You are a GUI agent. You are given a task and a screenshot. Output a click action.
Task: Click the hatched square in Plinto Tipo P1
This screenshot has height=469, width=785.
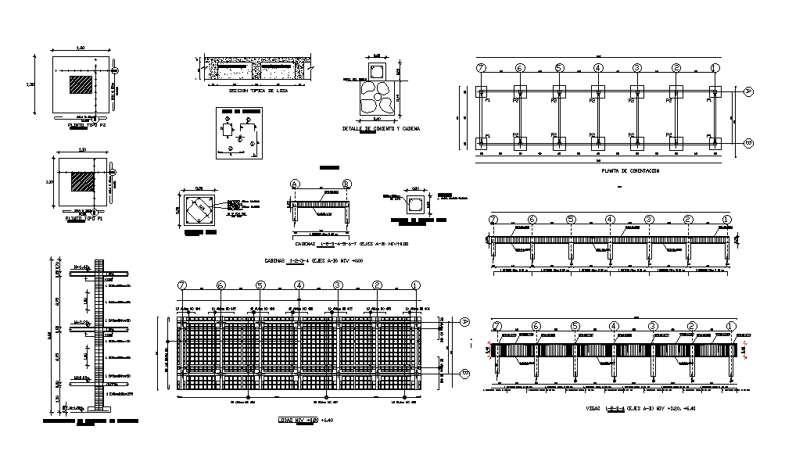[x=82, y=182]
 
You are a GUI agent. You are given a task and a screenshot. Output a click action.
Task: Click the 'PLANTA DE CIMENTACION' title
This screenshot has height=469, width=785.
[x=631, y=170]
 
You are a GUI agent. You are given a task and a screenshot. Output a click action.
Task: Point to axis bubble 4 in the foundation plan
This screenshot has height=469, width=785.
[x=598, y=68]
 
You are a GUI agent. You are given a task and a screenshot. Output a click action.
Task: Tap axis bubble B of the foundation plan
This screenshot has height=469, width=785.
[x=747, y=143]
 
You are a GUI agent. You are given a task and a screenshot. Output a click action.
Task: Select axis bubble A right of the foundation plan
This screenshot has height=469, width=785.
[x=747, y=91]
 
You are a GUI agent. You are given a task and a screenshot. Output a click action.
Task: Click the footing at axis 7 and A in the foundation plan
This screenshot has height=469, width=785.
[x=482, y=91]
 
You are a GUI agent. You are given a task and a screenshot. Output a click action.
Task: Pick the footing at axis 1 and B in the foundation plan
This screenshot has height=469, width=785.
[x=715, y=143]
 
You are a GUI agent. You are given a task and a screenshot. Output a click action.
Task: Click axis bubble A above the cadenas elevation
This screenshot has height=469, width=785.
[x=295, y=184]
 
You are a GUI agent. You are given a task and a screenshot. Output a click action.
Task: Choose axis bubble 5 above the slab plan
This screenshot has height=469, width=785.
[x=260, y=285]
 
